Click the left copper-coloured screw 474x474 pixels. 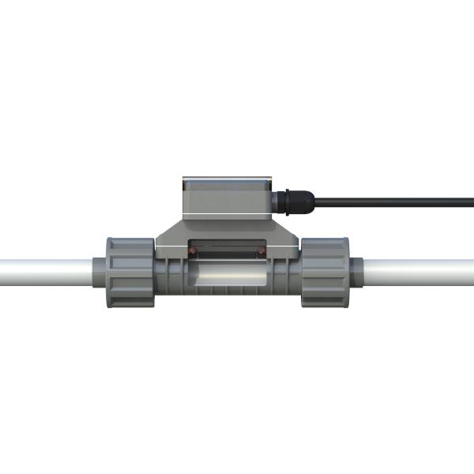(x=192, y=251)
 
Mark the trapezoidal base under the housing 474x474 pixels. (x=228, y=234)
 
